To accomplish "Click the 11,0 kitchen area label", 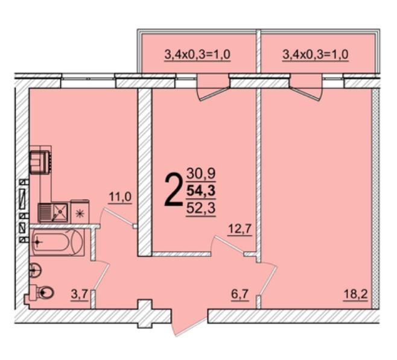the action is click(x=120, y=197).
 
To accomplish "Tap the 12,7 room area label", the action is click(x=240, y=230).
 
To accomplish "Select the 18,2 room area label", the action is click(x=355, y=294).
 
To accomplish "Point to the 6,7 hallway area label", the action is click(x=240, y=294).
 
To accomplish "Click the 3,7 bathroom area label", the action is click(x=79, y=294).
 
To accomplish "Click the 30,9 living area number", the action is click(x=201, y=174).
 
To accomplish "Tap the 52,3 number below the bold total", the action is click(x=201, y=209).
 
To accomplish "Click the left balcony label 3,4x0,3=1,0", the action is click(x=197, y=54).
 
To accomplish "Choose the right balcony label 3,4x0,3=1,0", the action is click(x=315, y=54).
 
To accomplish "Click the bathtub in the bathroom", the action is click(x=58, y=242).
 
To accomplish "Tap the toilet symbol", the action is click(x=43, y=293).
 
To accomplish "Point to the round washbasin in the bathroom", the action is click(x=35, y=270).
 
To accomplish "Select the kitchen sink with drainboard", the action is click(x=53, y=212).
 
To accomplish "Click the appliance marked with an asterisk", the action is click(x=80, y=212).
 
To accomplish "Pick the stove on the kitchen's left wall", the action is click(x=40, y=162).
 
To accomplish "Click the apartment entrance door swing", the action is click(x=189, y=322).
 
